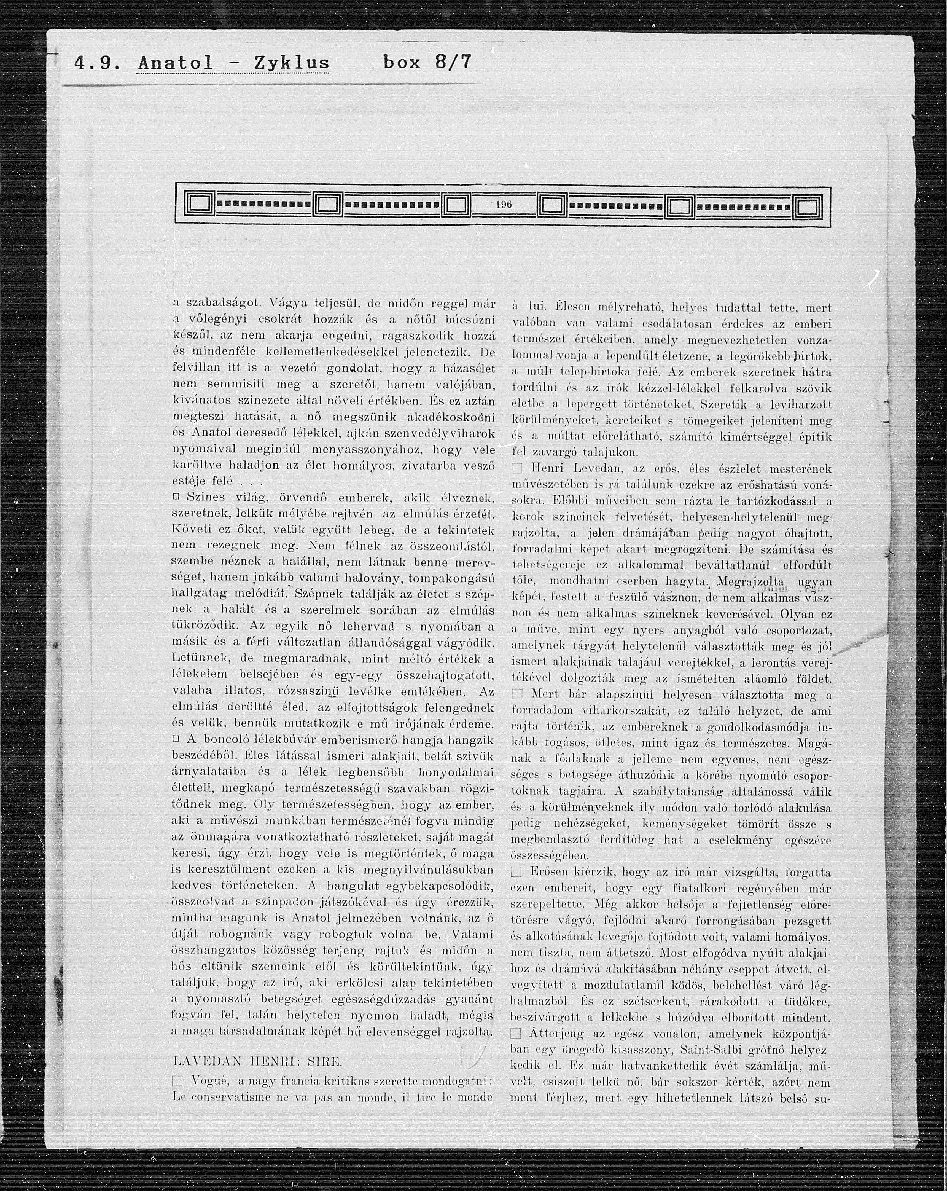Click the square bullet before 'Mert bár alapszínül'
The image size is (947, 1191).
tap(517, 694)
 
